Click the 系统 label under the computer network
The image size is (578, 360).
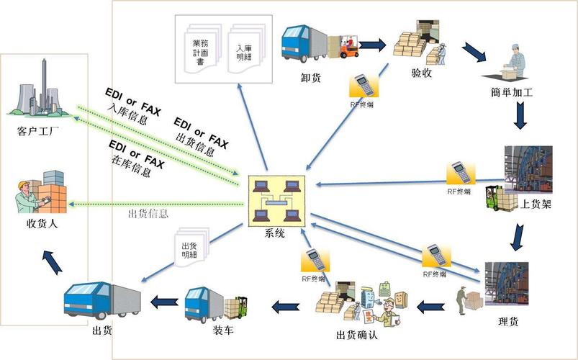[x=274, y=233]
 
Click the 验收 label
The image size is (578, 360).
[x=422, y=74]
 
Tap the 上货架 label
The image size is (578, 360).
[x=536, y=204]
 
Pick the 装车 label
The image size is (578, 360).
[x=223, y=330]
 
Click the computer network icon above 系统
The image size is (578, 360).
[x=274, y=200]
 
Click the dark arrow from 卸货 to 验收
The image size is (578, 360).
[x=372, y=45]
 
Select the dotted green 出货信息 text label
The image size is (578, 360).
[x=148, y=213]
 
